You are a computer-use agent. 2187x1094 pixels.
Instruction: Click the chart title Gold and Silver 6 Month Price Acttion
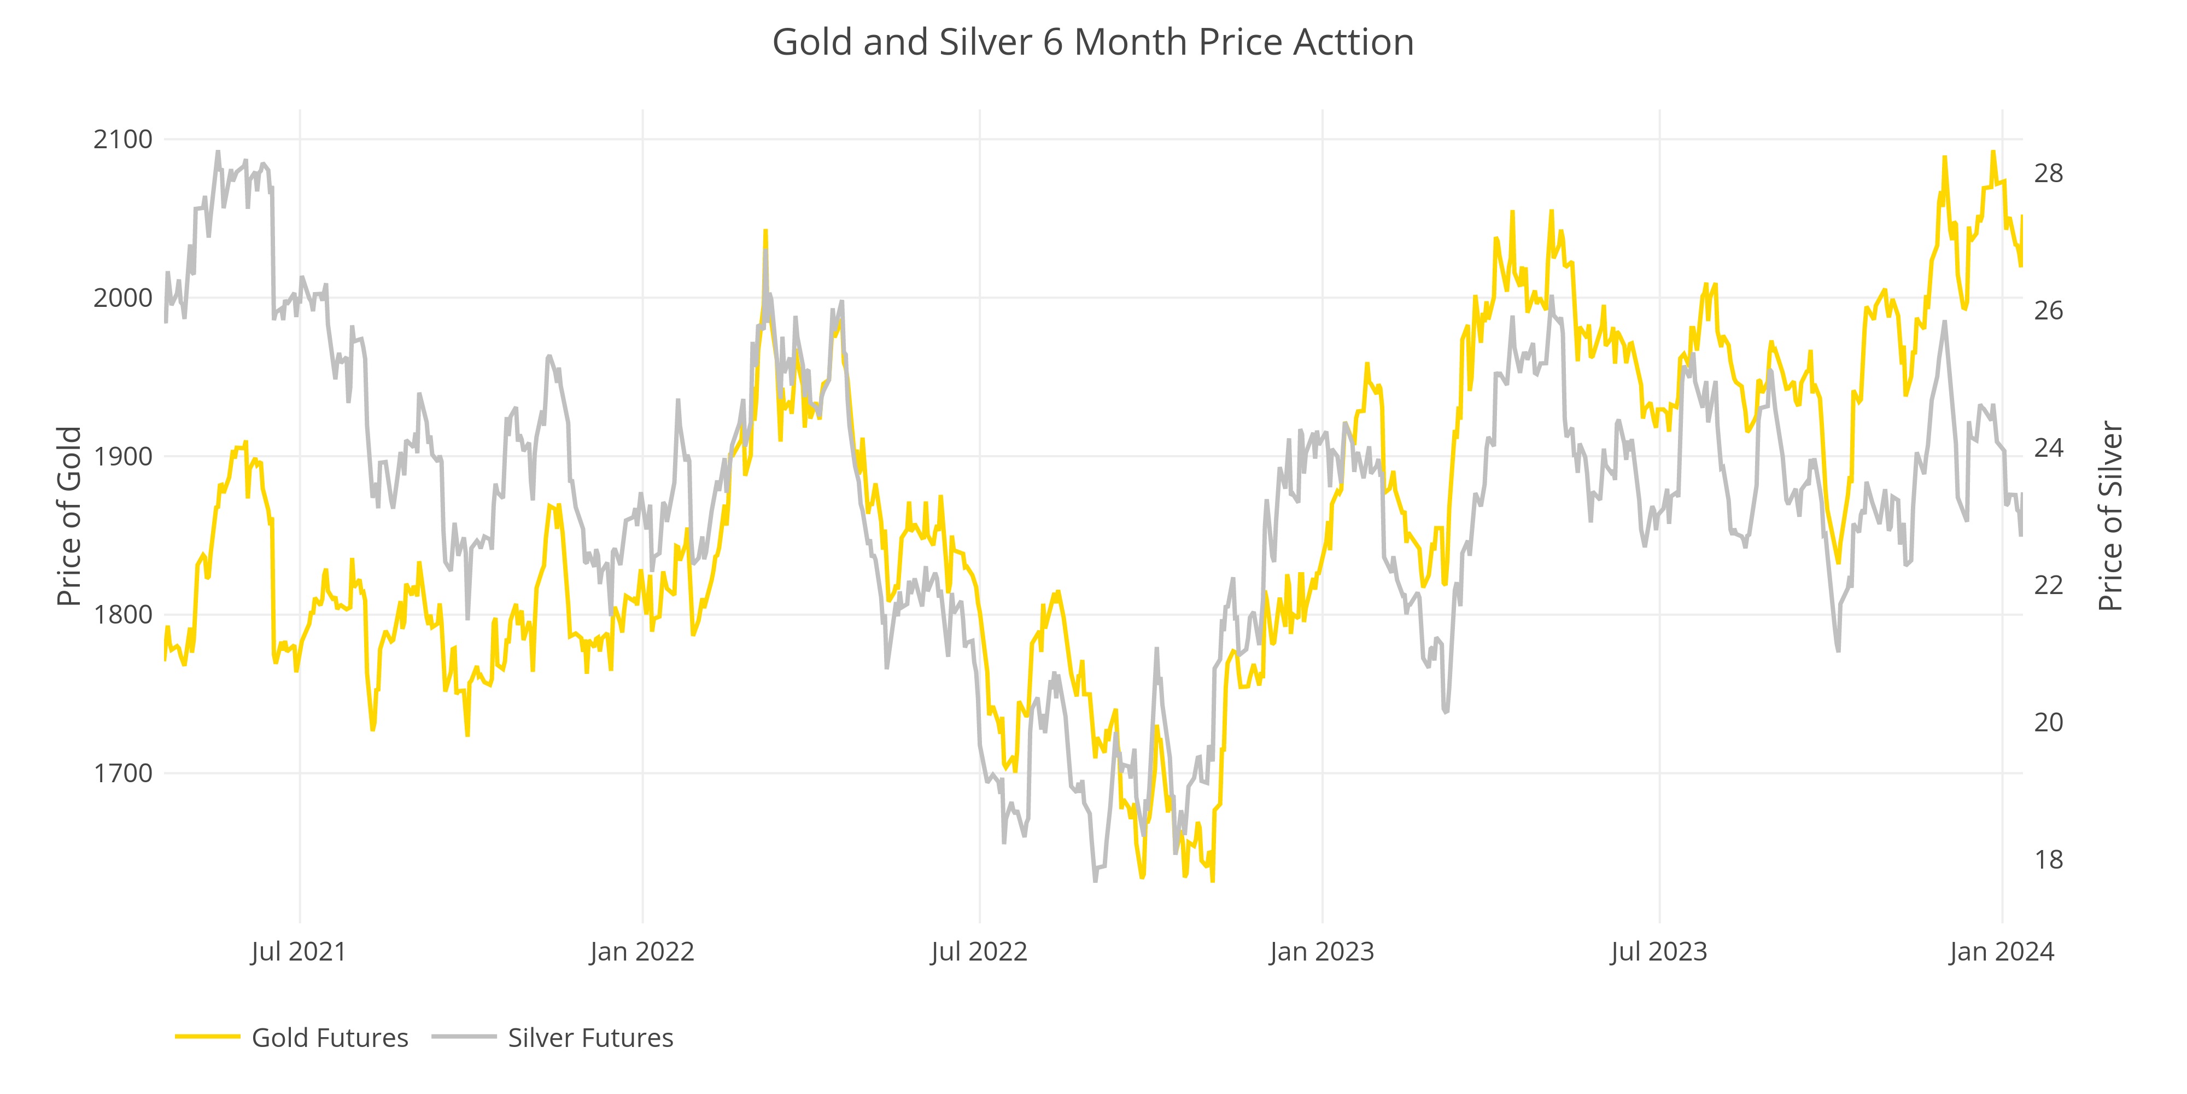pos(1092,43)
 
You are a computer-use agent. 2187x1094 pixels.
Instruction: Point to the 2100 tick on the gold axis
pos(123,139)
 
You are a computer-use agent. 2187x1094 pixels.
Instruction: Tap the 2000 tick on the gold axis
pos(123,298)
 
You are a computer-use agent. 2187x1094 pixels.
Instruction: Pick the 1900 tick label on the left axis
pos(123,457)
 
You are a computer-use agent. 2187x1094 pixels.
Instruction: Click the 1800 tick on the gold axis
pos(123,615)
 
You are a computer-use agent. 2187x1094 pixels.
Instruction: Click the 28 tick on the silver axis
pos(2048,173)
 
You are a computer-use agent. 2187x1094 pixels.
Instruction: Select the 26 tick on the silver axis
pos(2048,311)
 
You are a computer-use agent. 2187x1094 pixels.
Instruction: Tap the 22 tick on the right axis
pos(2048,585)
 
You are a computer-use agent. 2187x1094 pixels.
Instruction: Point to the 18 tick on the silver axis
pos(2048,859)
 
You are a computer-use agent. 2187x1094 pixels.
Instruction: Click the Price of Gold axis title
pos(69,516)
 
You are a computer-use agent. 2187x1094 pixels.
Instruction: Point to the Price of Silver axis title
pos(2110,516)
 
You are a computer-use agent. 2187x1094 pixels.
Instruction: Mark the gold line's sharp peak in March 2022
pos(765,231)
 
